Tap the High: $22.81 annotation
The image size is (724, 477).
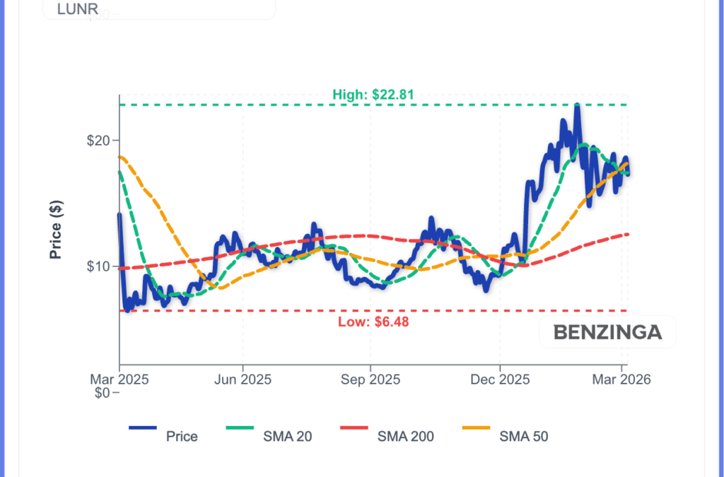click(373, 94)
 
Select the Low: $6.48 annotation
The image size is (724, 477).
click(373, 322)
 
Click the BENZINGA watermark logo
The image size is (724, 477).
click(607, 332)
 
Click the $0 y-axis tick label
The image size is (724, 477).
click(104, 393)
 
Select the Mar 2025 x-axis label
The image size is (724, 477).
click(119, 379)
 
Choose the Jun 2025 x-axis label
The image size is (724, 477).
click(243, 379)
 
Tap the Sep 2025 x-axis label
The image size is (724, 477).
click(370, 379)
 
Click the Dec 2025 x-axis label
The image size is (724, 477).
click(500, 379)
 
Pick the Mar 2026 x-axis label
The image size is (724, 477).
click(621, 379)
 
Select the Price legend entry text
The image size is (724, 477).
click(182, 436)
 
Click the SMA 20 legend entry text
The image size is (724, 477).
click(287, 436)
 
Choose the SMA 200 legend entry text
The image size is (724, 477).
click(406, 436)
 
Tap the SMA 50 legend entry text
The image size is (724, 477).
click(524, 436)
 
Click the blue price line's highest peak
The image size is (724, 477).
click(577, 105)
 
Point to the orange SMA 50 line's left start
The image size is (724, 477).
click(119, 156)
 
